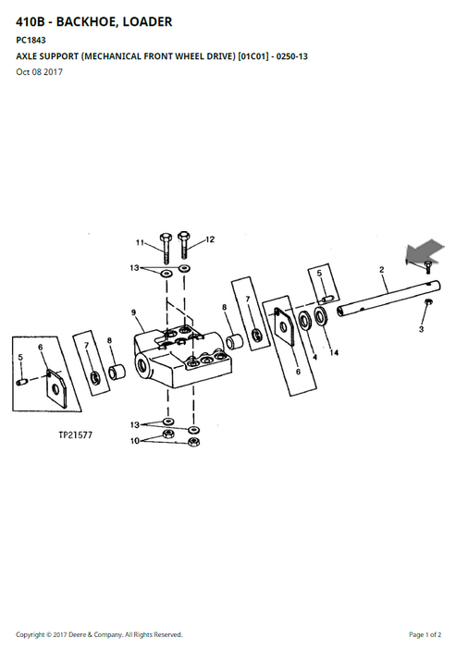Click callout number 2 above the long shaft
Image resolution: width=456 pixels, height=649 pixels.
[381, 270]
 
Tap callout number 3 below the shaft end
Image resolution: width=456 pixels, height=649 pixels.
[421, 329]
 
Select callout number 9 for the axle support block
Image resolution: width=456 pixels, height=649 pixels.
[134, 312]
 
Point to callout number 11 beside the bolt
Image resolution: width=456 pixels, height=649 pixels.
[140, 242]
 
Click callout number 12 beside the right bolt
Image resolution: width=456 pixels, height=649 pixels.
[210, 239]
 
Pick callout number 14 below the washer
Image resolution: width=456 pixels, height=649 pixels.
[334, 352]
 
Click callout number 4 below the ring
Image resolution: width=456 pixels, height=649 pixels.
[314, 357]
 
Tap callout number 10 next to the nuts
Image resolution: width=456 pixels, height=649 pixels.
[135, 441]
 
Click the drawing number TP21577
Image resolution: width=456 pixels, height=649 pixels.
[75, 435]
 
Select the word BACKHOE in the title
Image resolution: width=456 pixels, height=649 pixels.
[83, 21]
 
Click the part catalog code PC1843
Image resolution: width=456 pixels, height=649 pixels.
[31, 40]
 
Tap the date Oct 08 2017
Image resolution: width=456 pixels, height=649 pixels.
[40, 71]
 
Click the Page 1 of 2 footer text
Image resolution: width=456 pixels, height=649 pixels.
[425, 634]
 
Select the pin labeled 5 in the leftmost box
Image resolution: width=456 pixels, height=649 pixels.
[22, 382]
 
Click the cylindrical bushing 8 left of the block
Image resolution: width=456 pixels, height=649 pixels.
[117, 371]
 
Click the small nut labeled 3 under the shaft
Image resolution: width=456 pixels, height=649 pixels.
[428, 302]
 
